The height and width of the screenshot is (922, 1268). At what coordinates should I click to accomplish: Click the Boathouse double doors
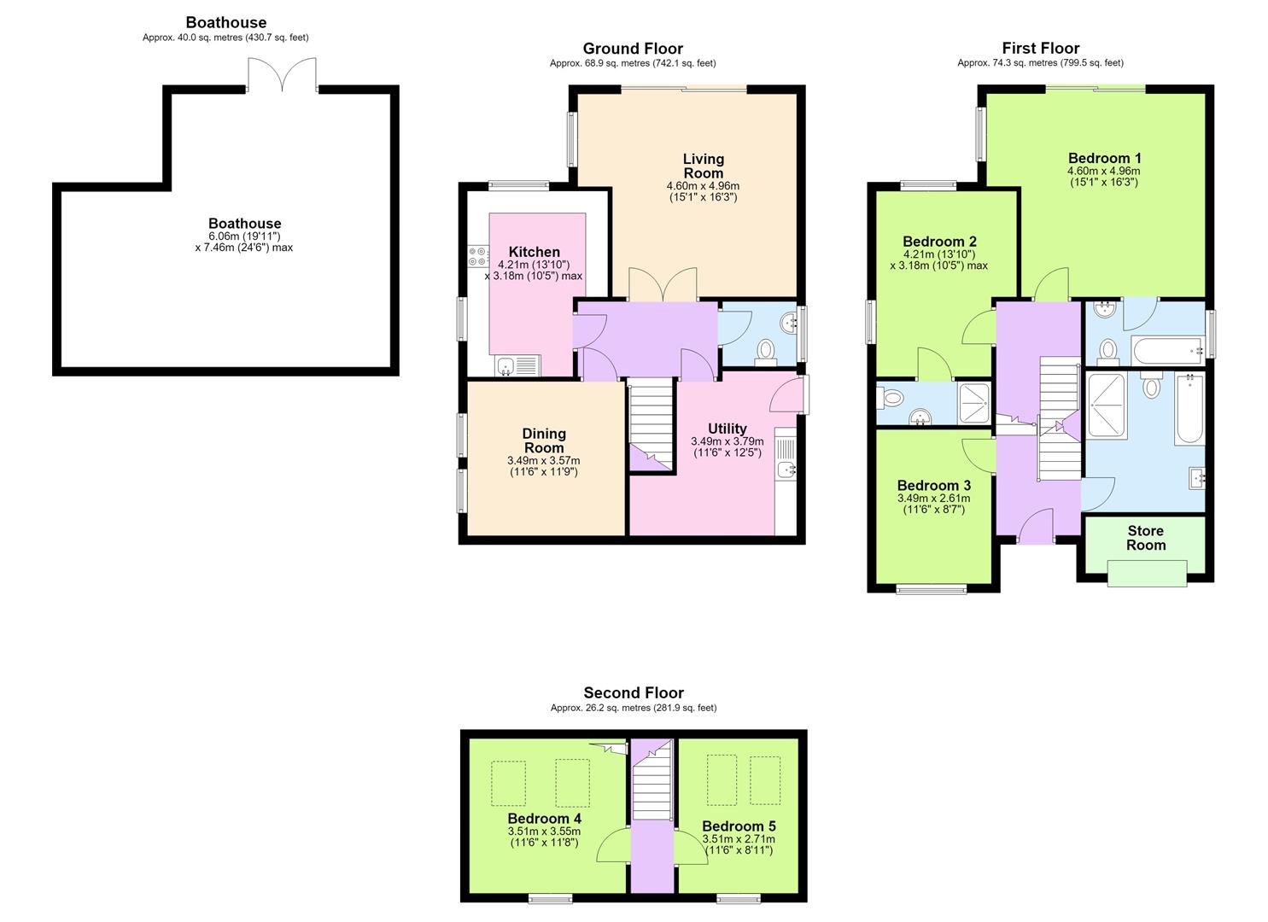282,74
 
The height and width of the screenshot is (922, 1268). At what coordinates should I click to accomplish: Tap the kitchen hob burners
479,256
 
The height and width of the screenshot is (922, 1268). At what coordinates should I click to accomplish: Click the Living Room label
704,166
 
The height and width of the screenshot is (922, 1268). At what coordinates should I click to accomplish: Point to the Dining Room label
544,441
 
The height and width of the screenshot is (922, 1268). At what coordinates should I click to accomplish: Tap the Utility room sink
786,470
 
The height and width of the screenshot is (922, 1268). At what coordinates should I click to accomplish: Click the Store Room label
1146,538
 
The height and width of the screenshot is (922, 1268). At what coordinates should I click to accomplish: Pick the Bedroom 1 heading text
1104,158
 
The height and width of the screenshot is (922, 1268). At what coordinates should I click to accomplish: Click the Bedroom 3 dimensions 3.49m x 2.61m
933,498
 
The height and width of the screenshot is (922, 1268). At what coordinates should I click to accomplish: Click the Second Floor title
634,692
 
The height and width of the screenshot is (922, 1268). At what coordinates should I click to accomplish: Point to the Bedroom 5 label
739,826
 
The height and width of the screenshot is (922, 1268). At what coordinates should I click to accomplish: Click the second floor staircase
652,780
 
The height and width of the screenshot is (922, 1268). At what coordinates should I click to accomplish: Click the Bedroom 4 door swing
612,844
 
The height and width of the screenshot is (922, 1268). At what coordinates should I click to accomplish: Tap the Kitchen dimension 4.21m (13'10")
533,265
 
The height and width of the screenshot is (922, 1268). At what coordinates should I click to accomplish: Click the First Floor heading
1040,48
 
